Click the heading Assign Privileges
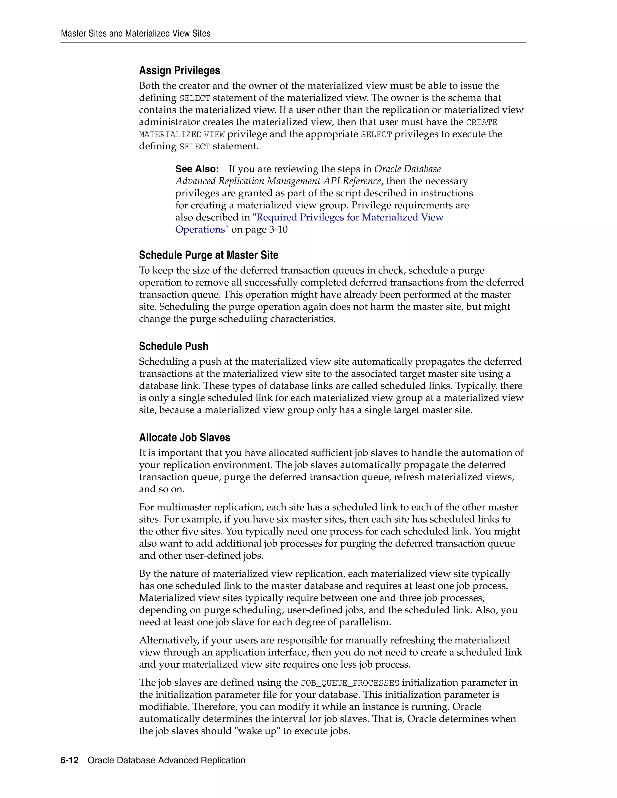180,70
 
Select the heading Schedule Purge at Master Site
208,255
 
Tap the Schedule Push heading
174,346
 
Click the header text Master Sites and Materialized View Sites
136,34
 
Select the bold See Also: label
197,169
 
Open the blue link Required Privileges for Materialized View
348,217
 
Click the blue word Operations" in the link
202,229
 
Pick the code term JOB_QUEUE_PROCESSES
349,683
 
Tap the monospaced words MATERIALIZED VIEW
182,135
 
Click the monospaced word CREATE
481,122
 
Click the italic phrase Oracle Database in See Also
407,169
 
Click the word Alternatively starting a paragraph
168,640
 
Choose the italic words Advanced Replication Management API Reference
278,181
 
